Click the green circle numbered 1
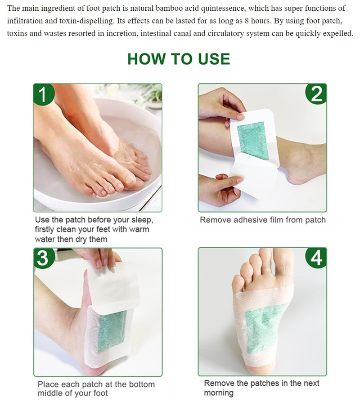(44, 94)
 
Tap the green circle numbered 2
(316, 94)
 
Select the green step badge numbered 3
(44, 258)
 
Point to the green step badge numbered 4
(316, 258)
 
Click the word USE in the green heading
(214, 59)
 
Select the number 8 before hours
(247, 21)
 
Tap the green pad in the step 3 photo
(112, 331)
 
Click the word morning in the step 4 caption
(219, 393)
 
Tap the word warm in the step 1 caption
(139, 229)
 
